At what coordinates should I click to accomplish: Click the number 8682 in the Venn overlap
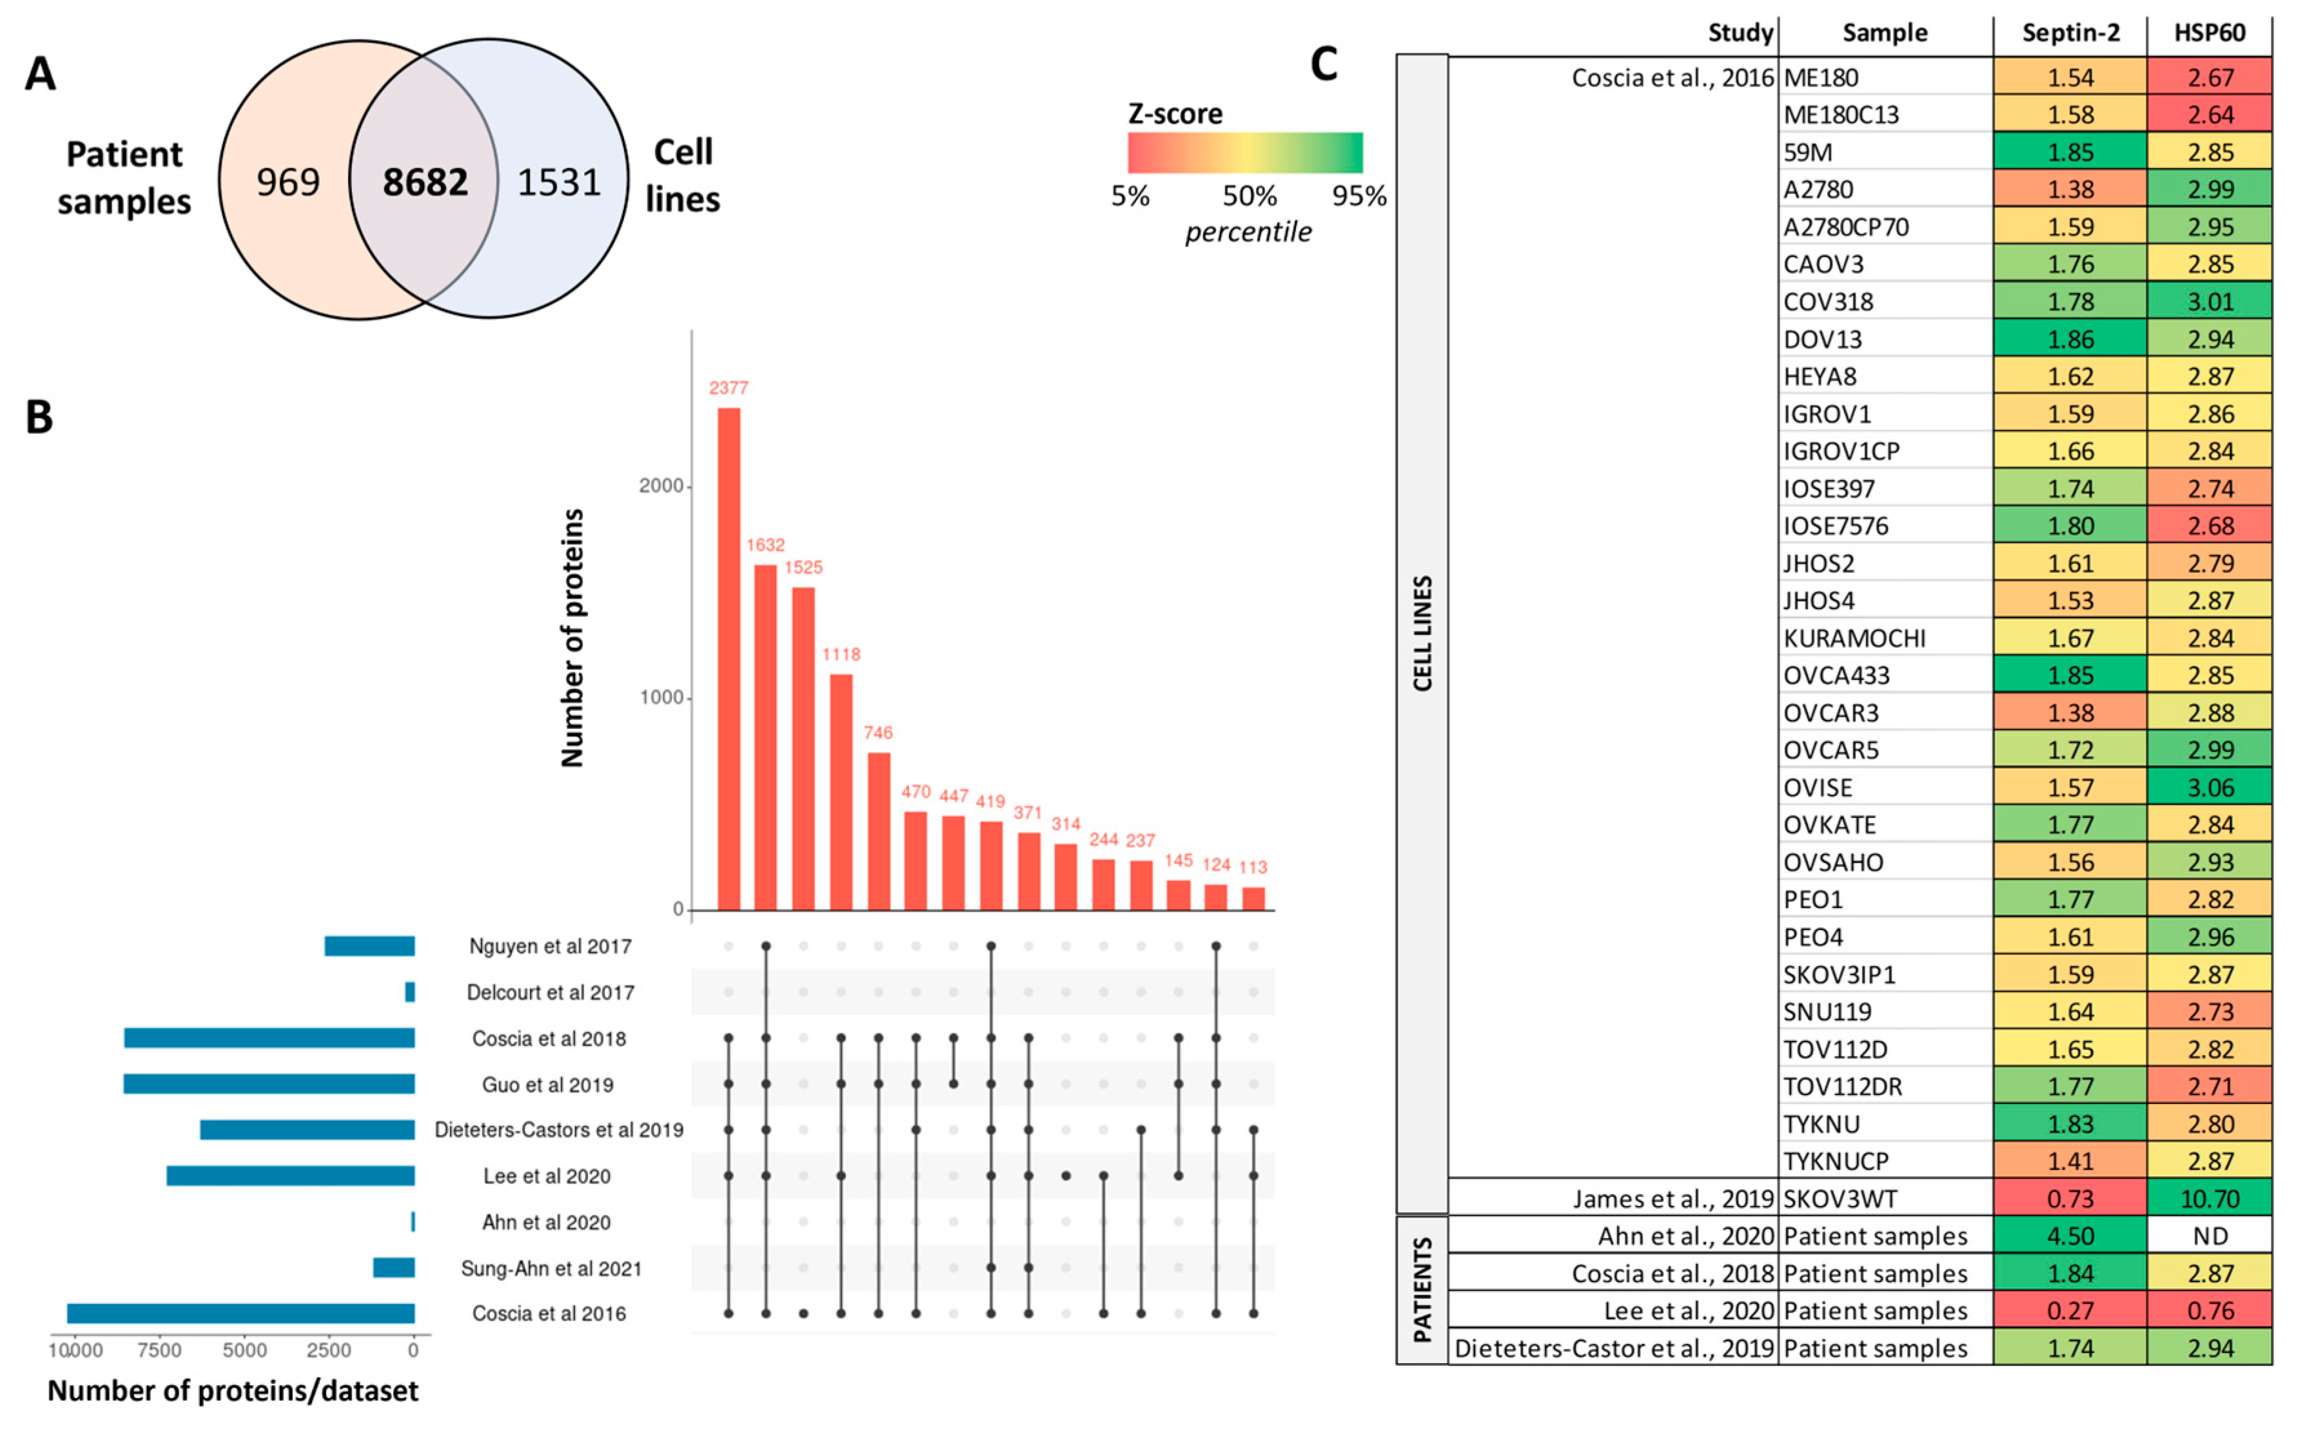(424, 182)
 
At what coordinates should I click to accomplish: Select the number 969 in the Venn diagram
(288, 182)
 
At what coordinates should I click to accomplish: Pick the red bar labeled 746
(878, 831)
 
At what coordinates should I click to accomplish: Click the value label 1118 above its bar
(841, 654)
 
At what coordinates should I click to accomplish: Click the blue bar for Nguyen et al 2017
(369, 946)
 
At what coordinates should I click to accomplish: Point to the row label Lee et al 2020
(547, 1176)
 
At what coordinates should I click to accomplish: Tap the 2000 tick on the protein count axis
(661, 486)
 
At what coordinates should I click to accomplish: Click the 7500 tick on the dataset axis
(158, 1350)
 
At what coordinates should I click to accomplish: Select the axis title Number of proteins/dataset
(233, 1391)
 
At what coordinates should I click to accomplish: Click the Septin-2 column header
(2070, 33)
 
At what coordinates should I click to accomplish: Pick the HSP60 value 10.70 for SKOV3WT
(2210, 1198)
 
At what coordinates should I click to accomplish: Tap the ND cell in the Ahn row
(2210, 1236)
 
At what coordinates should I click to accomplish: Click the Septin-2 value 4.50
(2070, 1236)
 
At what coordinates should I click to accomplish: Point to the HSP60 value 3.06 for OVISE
(2210, 787)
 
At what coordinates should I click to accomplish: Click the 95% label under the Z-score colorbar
(1358, 197)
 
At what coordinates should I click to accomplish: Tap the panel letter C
(1324, 65)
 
